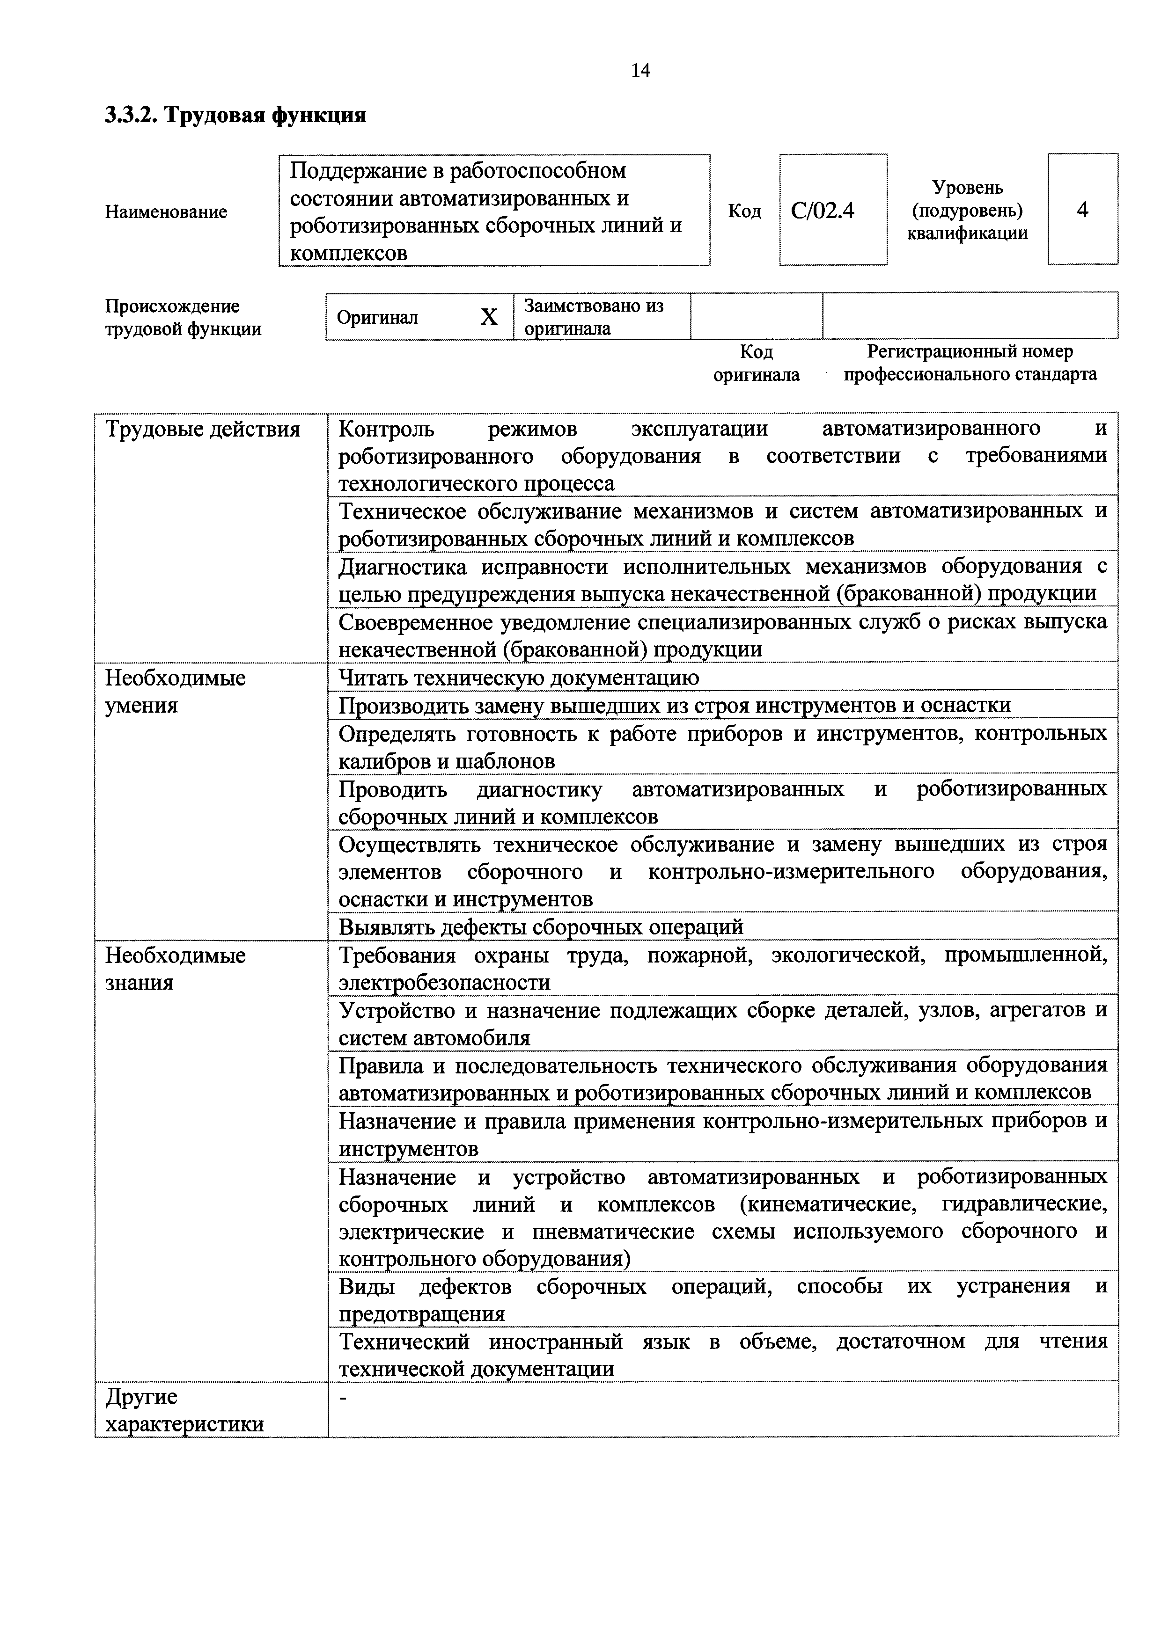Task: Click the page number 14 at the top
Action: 640,70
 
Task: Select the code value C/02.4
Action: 823,211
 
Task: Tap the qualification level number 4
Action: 1082,210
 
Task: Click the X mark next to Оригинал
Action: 489,317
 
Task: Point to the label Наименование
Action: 166,212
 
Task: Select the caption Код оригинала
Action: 757,363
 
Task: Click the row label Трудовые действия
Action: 203,430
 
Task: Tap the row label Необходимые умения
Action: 175,691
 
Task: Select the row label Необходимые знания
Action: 175,969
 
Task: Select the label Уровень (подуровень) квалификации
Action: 967,210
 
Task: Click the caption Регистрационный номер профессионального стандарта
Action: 970,363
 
